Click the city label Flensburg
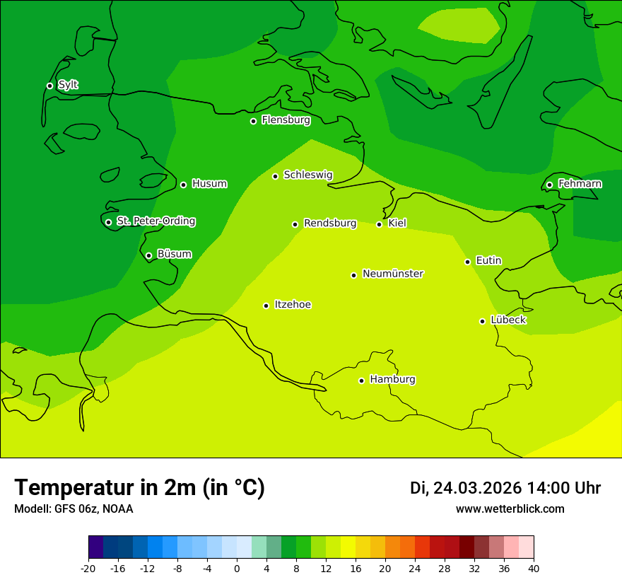coord(286,120)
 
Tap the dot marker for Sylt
coord(49,86)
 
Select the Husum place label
coord(209,184)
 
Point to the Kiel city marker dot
coord(379,224)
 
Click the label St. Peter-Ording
coord(155,221)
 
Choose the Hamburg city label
coord(392,380)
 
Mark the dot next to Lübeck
coord(482,321)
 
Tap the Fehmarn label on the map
coord(580,184)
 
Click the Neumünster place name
coord(393,274)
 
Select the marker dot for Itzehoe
coord(266,306)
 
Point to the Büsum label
coord(174,254)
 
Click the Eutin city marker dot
coord(467,262)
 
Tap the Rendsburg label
coord(330,223)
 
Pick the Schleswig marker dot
coord(275,176)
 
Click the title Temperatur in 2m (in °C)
coord(139,487)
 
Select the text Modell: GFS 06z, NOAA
coord(74,509)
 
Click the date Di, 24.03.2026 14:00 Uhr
coord(505,488)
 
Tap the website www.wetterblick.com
coord(510,509)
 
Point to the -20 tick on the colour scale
coord(88,569)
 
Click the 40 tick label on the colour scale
coord(534,569)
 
